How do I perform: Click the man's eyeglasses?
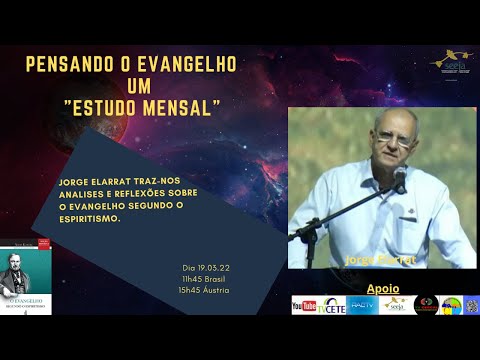click(x=394, y=137)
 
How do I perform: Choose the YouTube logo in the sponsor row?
click(x=304, y=305)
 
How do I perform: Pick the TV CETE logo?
click(x=331, y=305)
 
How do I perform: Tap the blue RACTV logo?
click(x=362, y=305)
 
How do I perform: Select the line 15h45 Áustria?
click(x=204, y=290)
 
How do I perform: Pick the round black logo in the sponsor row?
click(x=426, y=305)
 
